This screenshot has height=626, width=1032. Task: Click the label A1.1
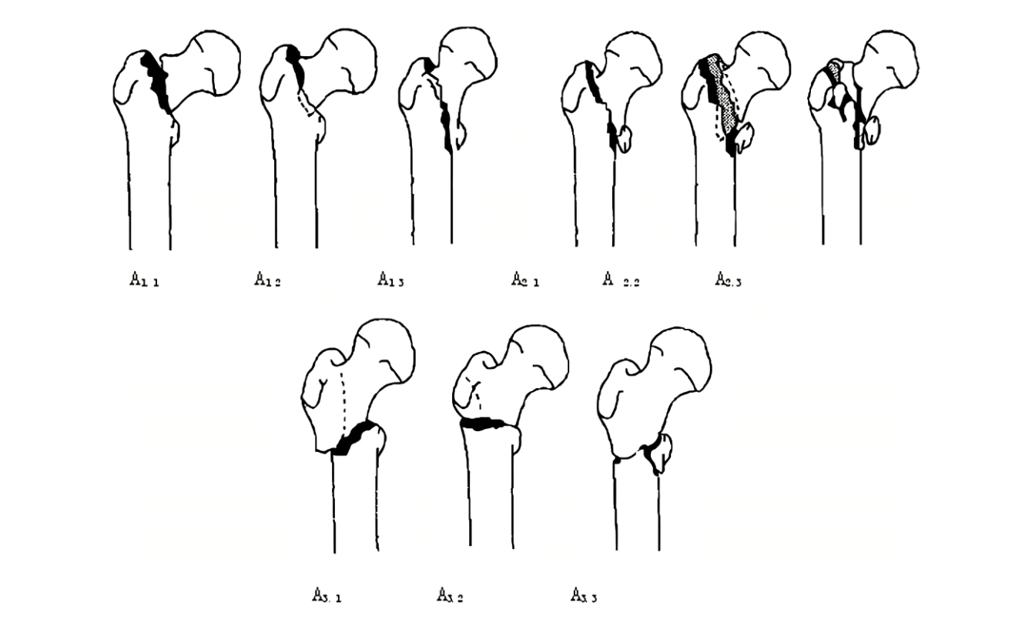point(144,280)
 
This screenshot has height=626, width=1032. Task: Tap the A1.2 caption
point(267,280)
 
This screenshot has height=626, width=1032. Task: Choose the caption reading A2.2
point(621,281)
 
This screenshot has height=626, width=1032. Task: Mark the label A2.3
point(728,280)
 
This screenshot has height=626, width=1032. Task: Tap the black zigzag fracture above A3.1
point(354,437)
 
